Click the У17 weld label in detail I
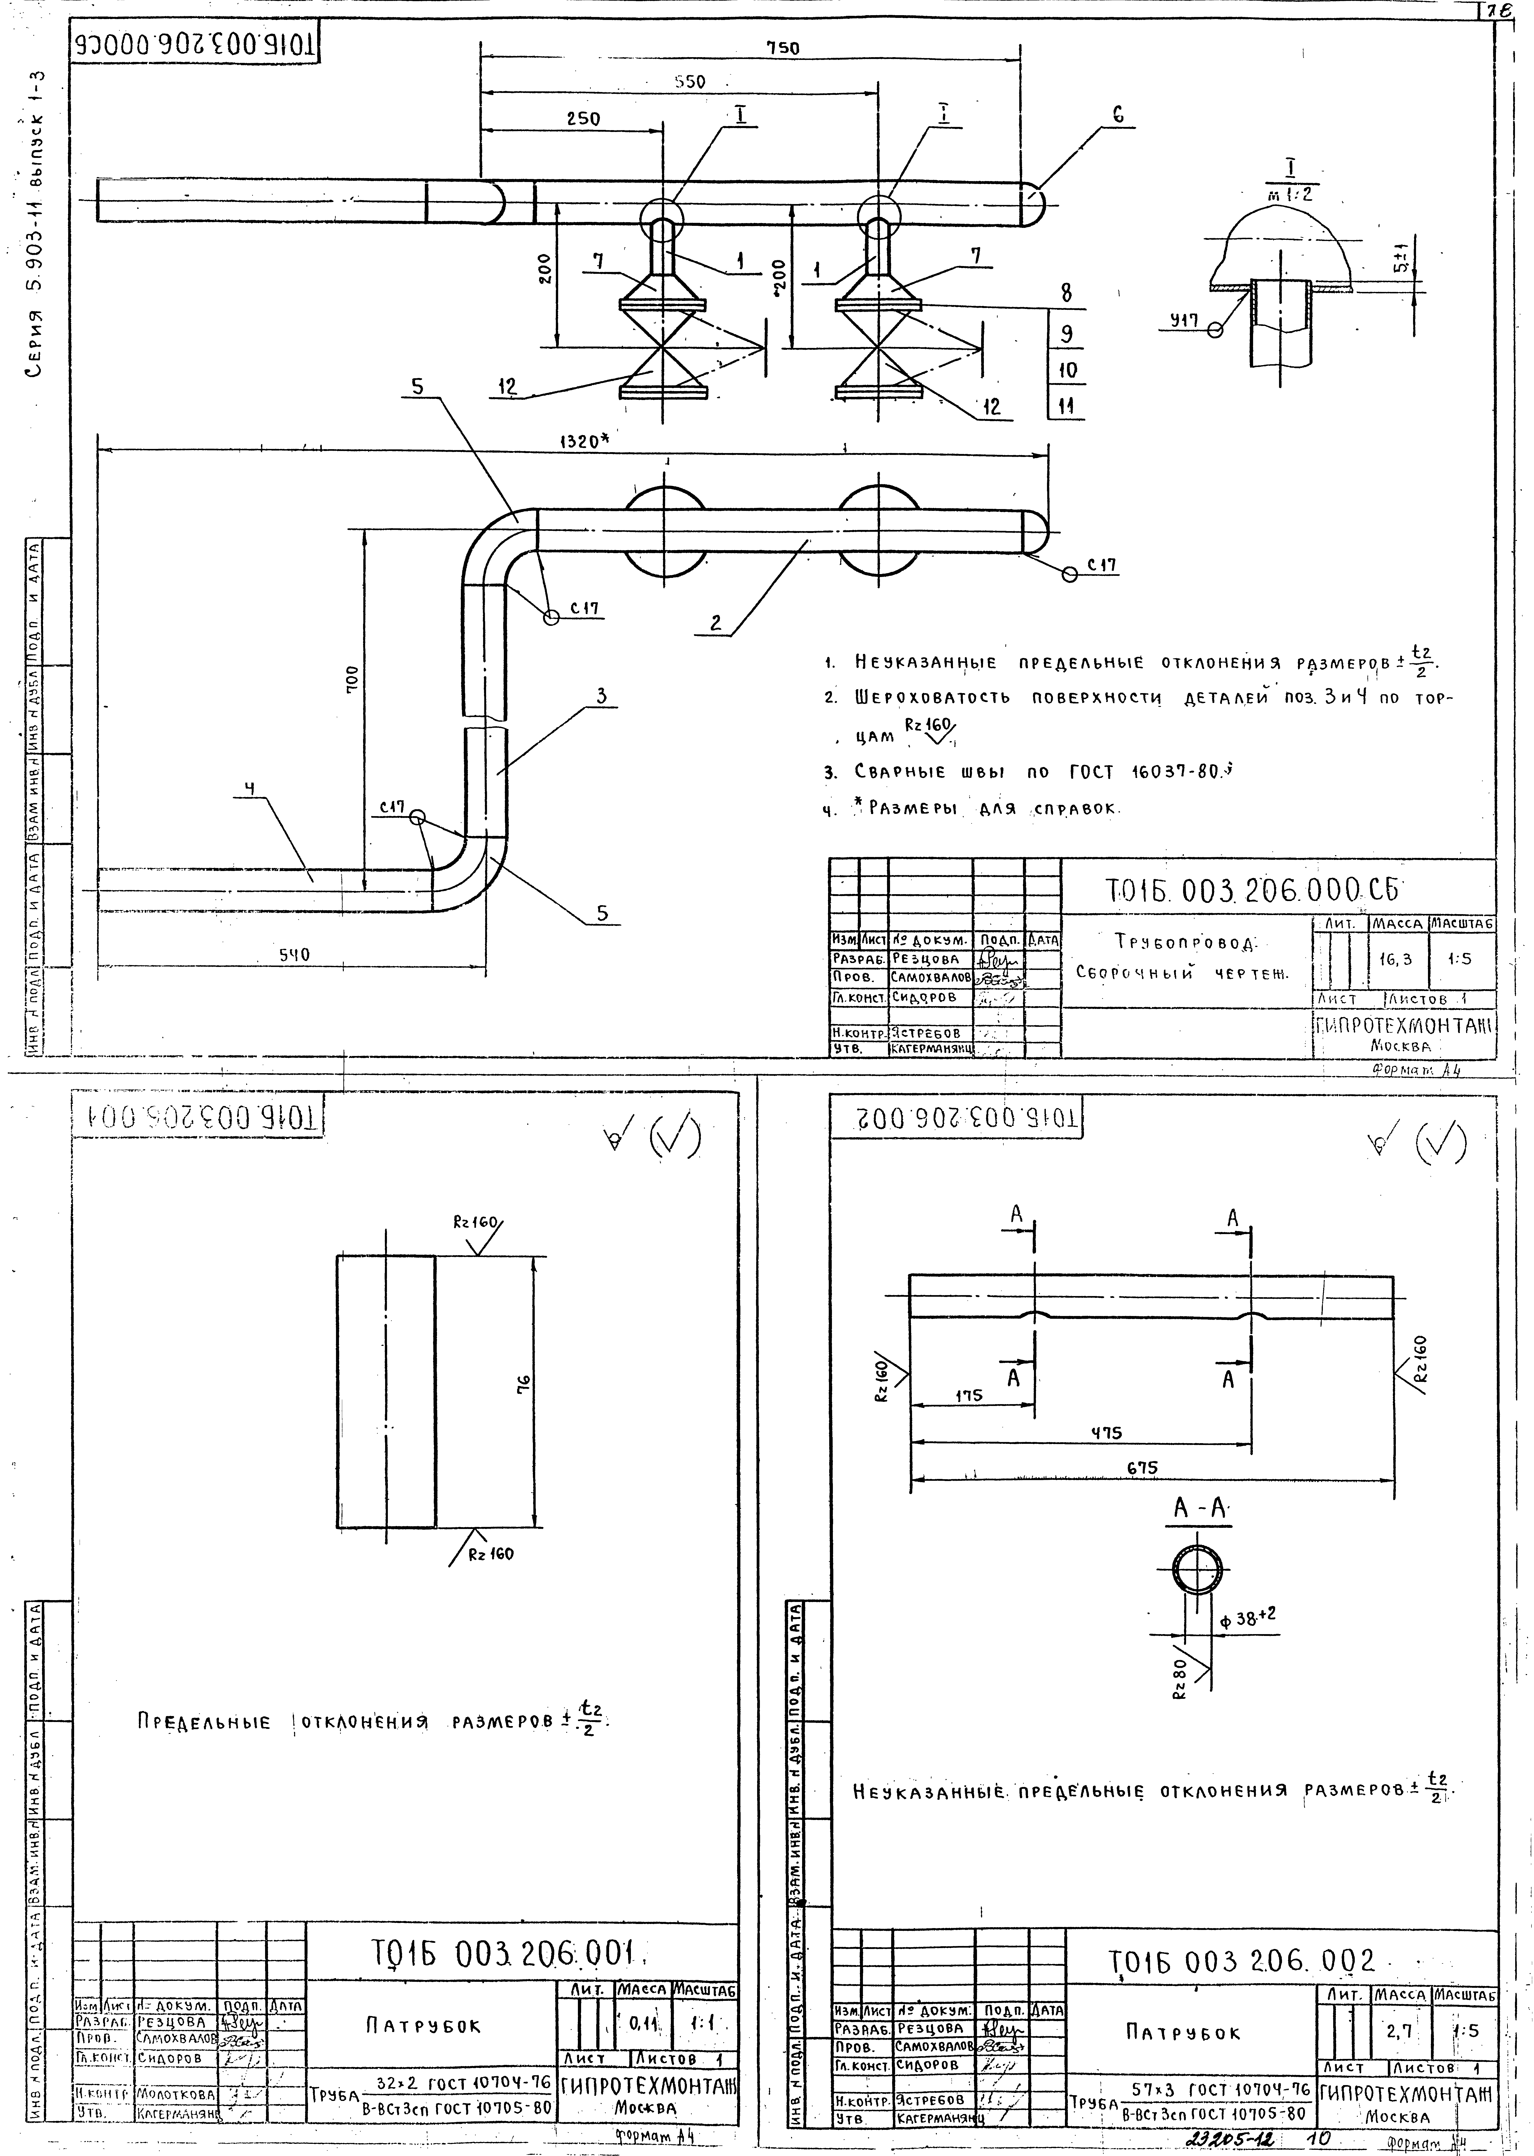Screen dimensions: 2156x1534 tap(1184, 321)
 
